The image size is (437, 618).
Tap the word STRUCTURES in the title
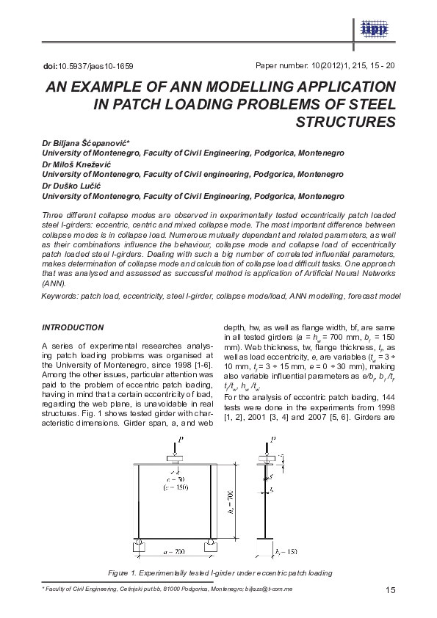(345, 121)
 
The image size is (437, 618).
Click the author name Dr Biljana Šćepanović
(95, 142)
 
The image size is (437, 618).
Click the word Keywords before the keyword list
(59, 295)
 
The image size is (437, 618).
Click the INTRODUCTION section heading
(73, 327)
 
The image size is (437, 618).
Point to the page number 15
(390, 592)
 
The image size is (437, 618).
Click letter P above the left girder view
(176, 443)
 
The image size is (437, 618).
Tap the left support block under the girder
(140, 545)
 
